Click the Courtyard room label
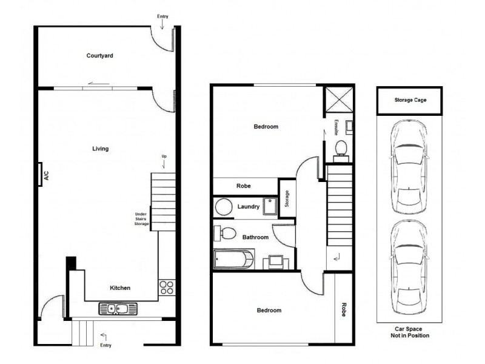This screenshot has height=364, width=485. (100, 56)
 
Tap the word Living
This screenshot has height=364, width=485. (100, 149)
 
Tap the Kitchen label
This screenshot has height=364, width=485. (120, 288)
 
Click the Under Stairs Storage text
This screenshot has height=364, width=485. (141, 219)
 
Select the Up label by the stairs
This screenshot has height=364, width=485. (163, 157)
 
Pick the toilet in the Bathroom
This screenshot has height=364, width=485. (227, 232)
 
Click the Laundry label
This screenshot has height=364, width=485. (249, 207)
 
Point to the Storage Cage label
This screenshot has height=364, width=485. (410, 101)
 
